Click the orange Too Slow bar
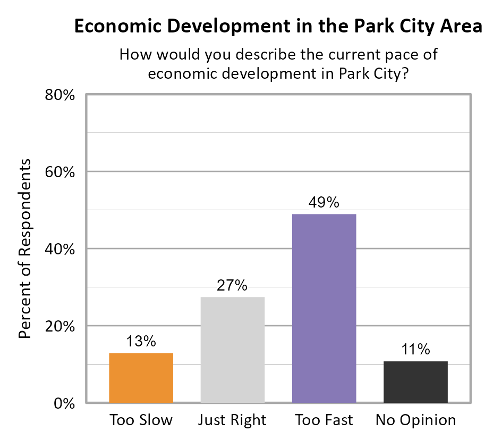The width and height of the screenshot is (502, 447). point(141,377)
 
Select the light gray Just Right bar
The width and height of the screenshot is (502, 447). point(232,349)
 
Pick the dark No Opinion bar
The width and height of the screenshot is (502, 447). point(415,382)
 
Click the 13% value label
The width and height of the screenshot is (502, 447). point(141,341)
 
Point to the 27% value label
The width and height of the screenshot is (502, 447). point(232,285)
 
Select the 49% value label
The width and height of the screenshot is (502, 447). point(324,202)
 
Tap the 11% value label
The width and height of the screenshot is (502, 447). point(415,350)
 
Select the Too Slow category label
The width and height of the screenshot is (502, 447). point(141,420)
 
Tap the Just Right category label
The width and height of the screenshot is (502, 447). point(232,420)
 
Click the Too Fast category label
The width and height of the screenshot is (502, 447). point(324,420)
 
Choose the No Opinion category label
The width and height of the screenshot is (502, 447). point(415,420)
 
